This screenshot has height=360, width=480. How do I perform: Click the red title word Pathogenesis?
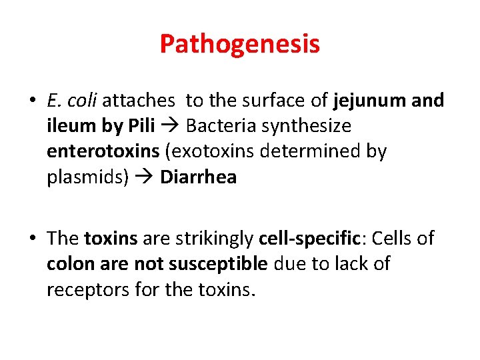239,44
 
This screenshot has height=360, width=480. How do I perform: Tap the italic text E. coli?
72,101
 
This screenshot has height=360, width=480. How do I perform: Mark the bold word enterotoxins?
103,151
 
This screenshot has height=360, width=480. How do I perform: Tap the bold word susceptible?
217,264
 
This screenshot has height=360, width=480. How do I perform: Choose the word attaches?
139,101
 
